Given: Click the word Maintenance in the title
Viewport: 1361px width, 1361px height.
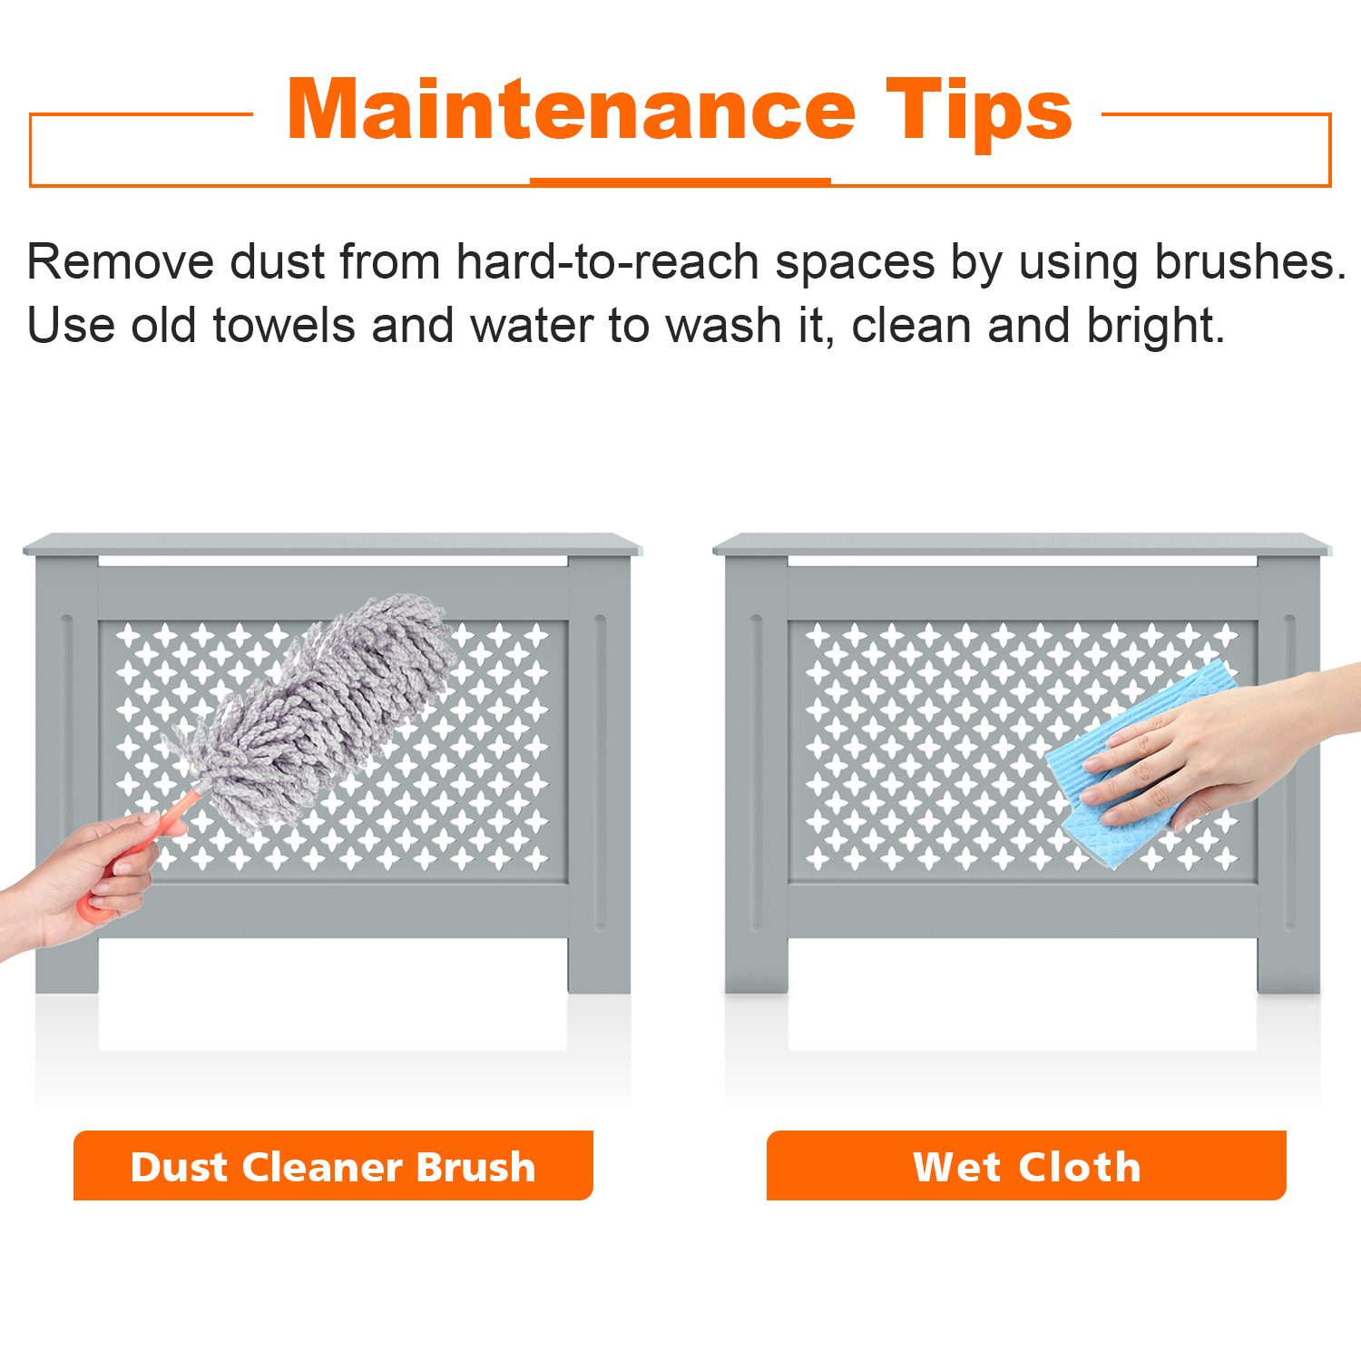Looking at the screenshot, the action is point(571,109).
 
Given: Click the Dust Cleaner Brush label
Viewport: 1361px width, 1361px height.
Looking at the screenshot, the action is point(333,1166).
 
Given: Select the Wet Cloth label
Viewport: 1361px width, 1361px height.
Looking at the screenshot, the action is point(1026,1166).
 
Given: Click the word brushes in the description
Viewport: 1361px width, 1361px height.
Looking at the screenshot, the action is point(1250,262).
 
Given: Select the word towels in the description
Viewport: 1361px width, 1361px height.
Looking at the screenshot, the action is point(284,325).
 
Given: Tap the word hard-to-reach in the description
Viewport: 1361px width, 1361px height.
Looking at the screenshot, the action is point(608,262).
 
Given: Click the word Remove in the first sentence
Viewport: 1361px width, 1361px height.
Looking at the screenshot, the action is point(121,262).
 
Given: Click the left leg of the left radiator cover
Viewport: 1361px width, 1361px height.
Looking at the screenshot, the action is point(66,962).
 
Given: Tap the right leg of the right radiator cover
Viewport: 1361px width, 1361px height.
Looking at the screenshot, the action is point(1289,962).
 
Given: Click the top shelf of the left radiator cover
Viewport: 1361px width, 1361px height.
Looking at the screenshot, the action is point(332,544).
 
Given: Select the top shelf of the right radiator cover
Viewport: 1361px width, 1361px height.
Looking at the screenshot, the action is point(1022,544).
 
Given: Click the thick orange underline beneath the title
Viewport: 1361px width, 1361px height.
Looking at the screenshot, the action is point(680,181).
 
